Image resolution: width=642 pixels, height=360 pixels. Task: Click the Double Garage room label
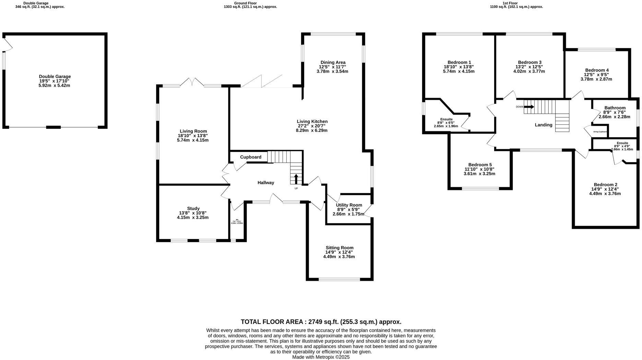55,76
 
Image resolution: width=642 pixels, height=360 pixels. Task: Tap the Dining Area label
333,62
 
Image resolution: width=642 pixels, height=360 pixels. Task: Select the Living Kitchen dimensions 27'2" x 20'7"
312,126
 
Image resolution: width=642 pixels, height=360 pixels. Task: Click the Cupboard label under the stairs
250,157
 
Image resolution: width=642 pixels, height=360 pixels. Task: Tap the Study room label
193,208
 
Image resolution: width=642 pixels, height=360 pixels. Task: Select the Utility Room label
349,205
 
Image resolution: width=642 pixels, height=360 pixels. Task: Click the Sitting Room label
339,248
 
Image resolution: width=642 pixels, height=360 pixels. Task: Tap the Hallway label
266,183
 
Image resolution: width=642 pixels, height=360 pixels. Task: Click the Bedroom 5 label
480,165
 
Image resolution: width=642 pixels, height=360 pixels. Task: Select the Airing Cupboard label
600,132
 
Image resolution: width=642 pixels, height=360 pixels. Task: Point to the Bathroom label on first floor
615,108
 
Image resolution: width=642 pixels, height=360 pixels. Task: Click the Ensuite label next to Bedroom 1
446,119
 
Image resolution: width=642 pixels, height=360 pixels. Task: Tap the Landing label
544,125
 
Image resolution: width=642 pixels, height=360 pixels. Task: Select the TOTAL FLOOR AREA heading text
321,322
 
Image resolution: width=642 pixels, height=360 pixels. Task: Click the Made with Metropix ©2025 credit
321,357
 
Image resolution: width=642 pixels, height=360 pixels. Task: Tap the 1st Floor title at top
510,3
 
